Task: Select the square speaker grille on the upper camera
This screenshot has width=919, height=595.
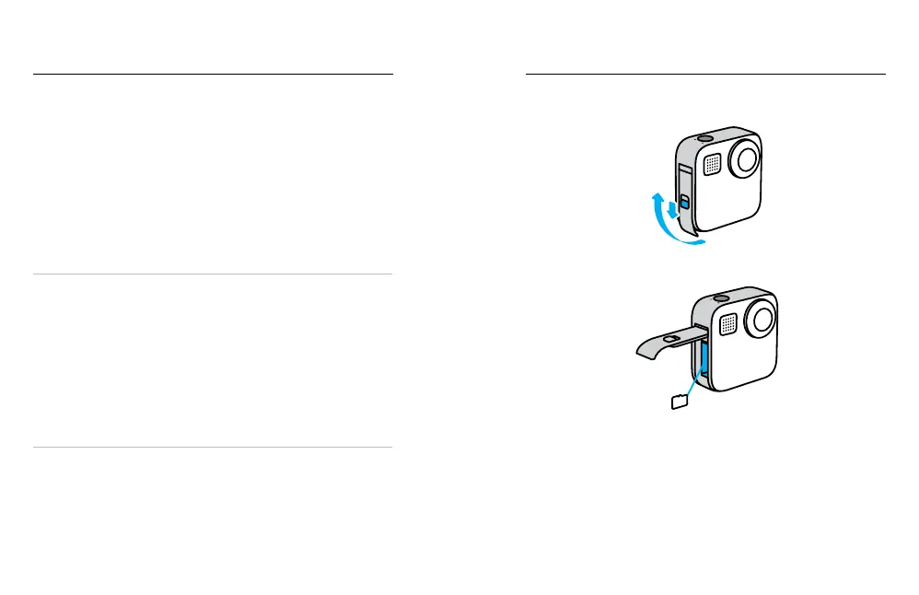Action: tap(712, 164)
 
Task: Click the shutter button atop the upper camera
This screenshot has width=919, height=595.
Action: tap(704, 137)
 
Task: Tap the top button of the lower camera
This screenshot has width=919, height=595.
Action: tap(719, 299)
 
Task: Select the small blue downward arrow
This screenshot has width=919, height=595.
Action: tap(674, 211)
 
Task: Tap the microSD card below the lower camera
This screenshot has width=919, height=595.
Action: tap(679, 400)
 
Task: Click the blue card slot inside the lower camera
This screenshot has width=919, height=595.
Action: tap(704, 361)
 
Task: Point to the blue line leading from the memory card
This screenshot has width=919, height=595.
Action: tap(693, 379)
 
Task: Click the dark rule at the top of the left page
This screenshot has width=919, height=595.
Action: tap(213, 74)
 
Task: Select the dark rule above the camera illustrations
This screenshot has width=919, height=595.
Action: tap(704, 74)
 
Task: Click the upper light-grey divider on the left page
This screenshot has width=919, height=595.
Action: tap(213, 274)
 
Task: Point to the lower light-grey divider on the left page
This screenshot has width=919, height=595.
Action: tap(213, 448)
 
